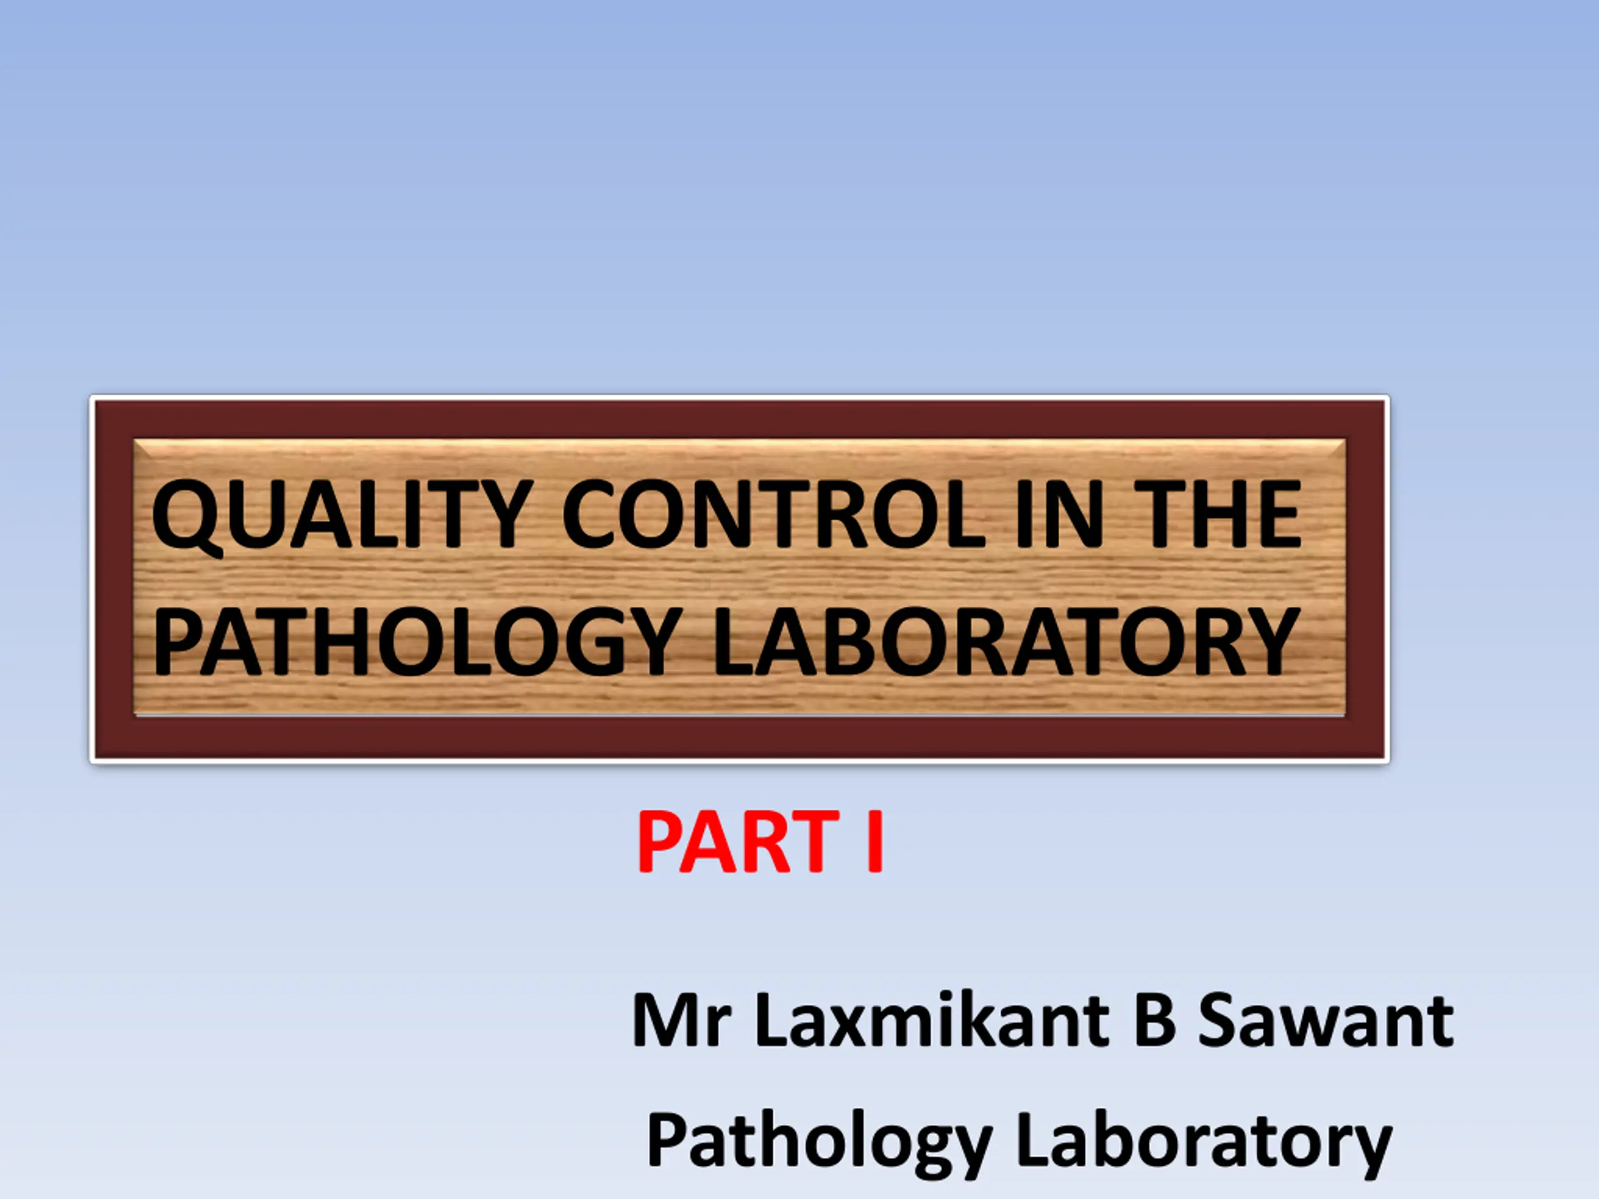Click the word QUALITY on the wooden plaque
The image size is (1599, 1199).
tap(342, 515)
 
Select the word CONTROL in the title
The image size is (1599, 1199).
tap(773, 515)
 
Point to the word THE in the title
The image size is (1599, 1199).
tap(1218, 515)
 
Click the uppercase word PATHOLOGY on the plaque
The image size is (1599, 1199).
tap(417, 642)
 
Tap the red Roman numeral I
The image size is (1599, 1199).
tap(874, 842)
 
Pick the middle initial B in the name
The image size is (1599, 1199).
tap(1155, 1020)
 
